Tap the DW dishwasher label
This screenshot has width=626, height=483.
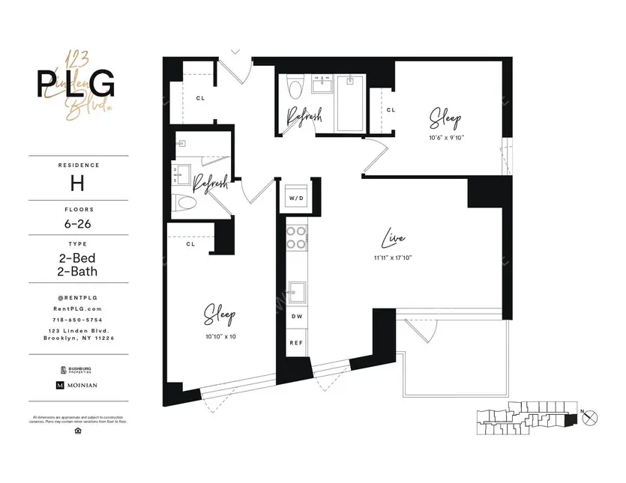click(x=296, y=317)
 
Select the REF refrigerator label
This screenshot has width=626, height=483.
click(x=296, y=342)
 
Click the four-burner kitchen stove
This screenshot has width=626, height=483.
click(x=296, y=237)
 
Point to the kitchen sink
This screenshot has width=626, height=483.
click(x=296, y=290)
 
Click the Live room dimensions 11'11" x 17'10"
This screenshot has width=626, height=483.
click(x=393, y=257)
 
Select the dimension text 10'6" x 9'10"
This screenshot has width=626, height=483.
click(x=445, y=138)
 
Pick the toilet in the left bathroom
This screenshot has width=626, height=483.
click(x=184, y=203)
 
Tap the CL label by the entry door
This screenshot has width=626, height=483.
click(x=201, y=97)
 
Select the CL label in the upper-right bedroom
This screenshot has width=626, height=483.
click(x=390, y=110)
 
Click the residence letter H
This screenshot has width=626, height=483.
click(x=76, y=182)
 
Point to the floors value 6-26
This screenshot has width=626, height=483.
click(x=76, y=224)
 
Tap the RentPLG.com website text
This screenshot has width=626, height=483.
click(x=76, y=308)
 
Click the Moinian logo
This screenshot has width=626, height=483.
click(x=76, y=385)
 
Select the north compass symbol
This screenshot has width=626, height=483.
click(x=591, y=416)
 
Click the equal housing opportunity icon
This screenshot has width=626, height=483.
click(x=76, y=431)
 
